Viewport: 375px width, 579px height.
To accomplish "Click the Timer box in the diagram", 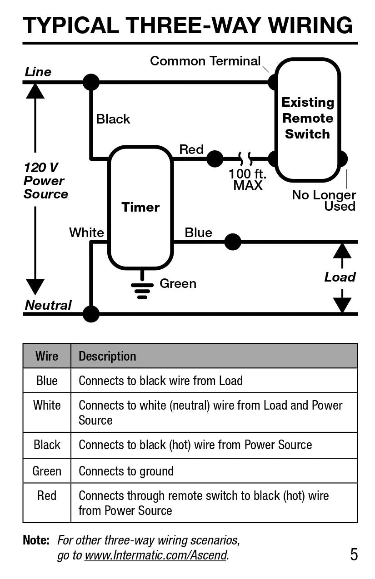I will [x=140, y=208].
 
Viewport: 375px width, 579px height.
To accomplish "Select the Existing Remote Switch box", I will [x=308, y=119].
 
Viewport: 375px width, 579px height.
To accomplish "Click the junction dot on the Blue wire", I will [x=233, y=242].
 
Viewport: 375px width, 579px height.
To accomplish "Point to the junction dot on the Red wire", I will [x=215, y=159].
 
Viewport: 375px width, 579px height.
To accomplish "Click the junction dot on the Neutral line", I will [x=91, y=314].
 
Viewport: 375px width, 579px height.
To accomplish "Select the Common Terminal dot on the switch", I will [x=273, y=82].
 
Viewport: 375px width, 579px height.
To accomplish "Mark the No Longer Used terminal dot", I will [x=342, y=159].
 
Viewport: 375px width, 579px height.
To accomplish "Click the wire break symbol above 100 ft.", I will [x=246, y=159].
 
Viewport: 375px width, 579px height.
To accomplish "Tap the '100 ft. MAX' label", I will [x=248, y=179].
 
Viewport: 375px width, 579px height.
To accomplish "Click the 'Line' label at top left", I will [x=38, y=72].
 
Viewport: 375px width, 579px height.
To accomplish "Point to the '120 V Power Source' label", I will [x=45, y=181].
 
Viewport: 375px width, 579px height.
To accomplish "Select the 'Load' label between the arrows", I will [x=340, y=277].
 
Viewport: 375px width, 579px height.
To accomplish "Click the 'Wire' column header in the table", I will [x=47, y=356].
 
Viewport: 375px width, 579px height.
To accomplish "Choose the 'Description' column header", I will [x=107, y=356].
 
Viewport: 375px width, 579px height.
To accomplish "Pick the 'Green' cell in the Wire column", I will [x=47, y=471].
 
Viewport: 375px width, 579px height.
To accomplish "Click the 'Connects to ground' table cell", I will [x=126, y=471].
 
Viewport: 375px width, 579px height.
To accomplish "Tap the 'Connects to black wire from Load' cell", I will [x=160, y=381].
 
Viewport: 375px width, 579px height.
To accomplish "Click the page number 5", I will [x=354, y=554].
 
